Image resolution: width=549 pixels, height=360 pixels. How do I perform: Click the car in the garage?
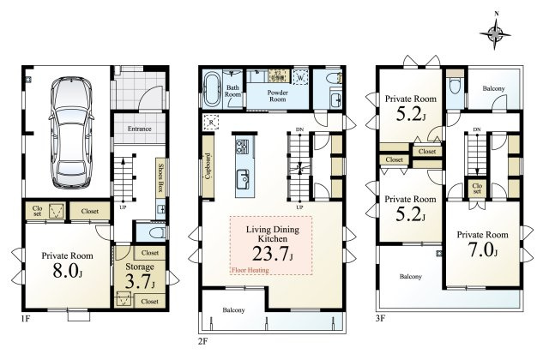point(71,133)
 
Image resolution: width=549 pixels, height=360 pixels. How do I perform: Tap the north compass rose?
point(495,34)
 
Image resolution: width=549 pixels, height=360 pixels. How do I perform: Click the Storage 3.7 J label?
point(140,276)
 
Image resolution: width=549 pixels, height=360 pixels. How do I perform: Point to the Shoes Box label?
point(160,177)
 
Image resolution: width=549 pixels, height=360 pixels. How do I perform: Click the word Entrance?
point(139,129)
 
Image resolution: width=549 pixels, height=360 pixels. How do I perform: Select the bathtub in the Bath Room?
point(211,89)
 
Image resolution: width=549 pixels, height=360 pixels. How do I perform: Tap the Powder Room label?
point(278,96)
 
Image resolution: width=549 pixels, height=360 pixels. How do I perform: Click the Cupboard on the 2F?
point(208,165)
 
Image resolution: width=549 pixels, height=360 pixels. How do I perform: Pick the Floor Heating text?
point(250,270)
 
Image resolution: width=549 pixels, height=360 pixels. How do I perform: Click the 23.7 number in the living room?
point(270,254)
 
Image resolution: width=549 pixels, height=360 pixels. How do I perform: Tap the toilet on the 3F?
point(455,87)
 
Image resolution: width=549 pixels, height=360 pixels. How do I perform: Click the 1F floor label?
point(25,319)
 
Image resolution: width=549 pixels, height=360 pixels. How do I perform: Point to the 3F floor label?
point(380,319)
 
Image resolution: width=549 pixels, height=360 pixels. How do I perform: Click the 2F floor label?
point(203,341)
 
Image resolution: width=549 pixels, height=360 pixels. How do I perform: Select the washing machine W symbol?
point(300,77)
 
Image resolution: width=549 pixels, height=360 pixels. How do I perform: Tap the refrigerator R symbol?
point(211,123)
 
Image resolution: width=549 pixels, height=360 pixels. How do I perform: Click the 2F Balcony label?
point(233,310)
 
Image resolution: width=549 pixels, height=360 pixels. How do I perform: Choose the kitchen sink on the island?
point(243,178)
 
